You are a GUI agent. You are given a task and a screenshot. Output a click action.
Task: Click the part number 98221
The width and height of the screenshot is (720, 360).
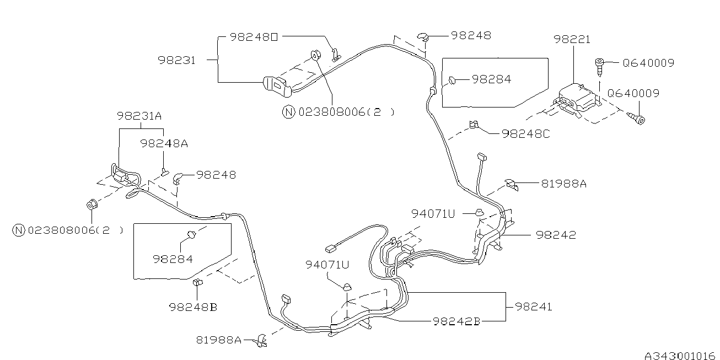(x=572, y=40)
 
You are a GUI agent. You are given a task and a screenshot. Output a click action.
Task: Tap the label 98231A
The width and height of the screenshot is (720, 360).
(x=139, y=116)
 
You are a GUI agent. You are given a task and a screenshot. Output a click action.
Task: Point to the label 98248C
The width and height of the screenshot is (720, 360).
(x=525, y=133)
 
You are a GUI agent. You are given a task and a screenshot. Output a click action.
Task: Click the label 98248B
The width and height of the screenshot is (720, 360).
(x=193, y=307)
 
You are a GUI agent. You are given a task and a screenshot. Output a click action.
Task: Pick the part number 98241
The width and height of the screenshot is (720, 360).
(x=533, y=307)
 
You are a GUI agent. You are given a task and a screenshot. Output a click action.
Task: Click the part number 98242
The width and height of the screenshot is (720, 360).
(x=555, y=235)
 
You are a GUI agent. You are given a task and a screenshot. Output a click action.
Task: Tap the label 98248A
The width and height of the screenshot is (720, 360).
(x=164, y=143)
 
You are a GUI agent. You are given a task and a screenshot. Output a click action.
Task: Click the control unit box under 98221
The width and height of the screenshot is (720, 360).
(x=576, y=99)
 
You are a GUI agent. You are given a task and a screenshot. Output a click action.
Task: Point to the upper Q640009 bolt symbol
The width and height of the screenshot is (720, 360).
(x=599, y=65)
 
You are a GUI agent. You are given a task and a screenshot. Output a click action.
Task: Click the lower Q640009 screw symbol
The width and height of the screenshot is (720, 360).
(x=638, y=118)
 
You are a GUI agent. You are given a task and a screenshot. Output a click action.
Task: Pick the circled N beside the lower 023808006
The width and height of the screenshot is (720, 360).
(x=19, y=230)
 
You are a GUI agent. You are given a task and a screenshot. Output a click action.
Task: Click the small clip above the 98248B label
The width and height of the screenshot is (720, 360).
(x=197, y=283)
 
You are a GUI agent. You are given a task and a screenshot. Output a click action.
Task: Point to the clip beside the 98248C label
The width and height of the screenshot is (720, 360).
(x=473, y=126)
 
